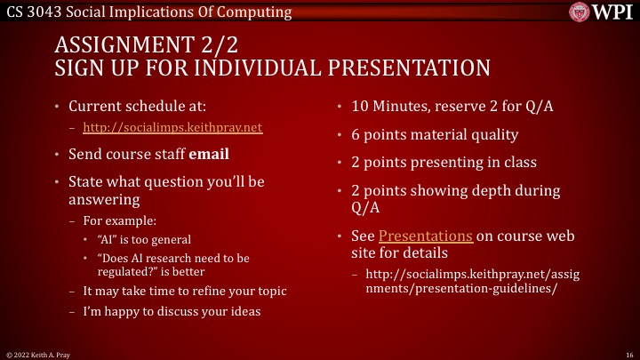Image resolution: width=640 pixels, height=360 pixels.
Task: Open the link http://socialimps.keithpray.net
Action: pyautogui.click(x=172, y=127)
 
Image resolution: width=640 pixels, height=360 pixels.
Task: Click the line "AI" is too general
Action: pyautogui.click(x=143, y=239)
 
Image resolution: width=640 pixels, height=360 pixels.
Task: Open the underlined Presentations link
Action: pyautogui.click(x=426, y=236)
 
